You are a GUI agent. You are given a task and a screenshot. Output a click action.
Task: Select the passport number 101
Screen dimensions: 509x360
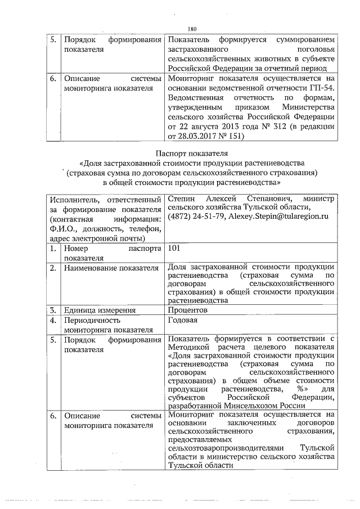174,248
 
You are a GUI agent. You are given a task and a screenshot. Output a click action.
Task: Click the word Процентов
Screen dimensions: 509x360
188,310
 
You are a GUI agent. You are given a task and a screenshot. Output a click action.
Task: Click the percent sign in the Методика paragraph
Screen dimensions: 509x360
299,389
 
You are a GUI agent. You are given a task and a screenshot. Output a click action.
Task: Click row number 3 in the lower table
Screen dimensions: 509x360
52,310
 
